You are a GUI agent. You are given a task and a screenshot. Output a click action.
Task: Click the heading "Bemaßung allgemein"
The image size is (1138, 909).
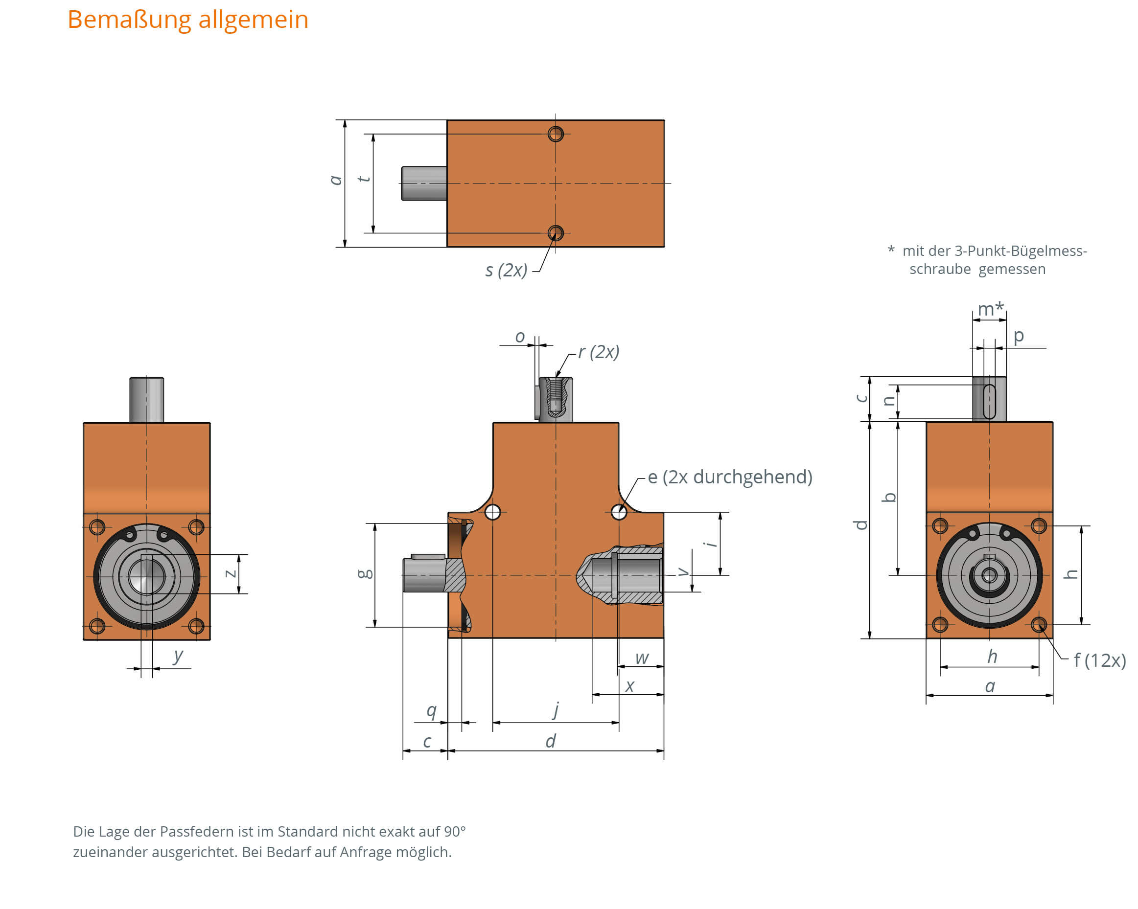coord(188,20)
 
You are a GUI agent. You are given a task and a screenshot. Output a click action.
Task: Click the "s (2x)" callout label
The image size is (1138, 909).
coord(506,270)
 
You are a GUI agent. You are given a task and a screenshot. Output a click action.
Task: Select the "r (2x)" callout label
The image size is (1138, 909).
coord(598,351)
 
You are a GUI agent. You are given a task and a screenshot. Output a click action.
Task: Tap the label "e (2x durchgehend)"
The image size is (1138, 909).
coord(729,477)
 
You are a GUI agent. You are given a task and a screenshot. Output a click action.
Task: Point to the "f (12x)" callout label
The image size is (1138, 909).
coord(1099,660)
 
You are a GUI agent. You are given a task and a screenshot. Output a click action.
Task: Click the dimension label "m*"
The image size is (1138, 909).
coord(990,309)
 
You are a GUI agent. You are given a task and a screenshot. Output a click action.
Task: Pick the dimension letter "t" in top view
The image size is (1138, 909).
coord(364,180)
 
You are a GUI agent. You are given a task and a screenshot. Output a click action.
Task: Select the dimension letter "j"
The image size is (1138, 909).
coord(556,709)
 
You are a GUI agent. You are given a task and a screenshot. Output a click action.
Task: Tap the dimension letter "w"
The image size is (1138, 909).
coord(642,658)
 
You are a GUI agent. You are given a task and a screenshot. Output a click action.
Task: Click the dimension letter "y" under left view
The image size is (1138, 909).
coord(178,655)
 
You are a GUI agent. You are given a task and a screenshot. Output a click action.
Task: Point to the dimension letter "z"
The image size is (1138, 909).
coord(231,573)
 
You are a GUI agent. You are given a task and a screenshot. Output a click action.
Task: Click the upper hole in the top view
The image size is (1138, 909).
coord(555,134)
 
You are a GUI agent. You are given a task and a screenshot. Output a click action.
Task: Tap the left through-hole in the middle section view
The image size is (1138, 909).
coord(492,512)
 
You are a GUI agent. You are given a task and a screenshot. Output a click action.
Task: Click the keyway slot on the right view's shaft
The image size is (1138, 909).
coord(990,402)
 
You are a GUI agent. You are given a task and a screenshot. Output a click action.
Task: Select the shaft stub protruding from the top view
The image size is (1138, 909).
coord(424,183)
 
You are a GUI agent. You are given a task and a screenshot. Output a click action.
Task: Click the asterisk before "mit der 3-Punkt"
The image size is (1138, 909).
coord(891,250)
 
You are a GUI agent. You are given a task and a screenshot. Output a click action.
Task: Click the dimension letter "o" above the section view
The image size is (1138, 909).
coord(520,337)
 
